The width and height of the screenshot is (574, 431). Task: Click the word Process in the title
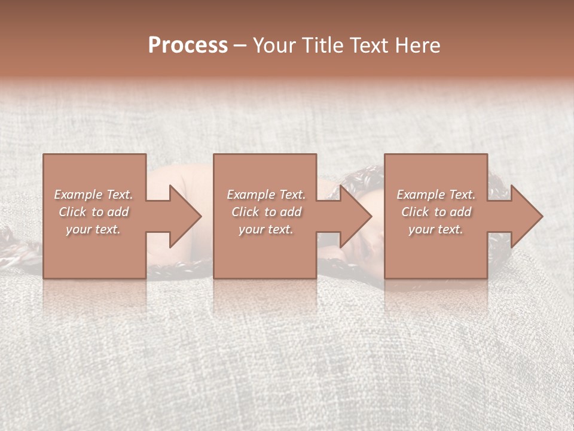188,45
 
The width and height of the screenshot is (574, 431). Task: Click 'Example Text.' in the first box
93,195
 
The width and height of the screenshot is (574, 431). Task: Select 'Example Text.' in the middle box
265,195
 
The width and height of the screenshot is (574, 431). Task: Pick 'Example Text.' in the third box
436,195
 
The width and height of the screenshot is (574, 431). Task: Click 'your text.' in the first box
93,229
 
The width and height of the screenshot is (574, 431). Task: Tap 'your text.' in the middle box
265,229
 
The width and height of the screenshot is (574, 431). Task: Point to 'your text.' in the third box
436,229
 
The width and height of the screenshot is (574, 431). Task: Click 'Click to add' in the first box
93,212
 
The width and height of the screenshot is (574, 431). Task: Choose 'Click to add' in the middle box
265,212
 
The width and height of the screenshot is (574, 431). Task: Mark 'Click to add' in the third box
436,212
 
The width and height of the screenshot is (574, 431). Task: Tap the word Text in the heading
367,45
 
